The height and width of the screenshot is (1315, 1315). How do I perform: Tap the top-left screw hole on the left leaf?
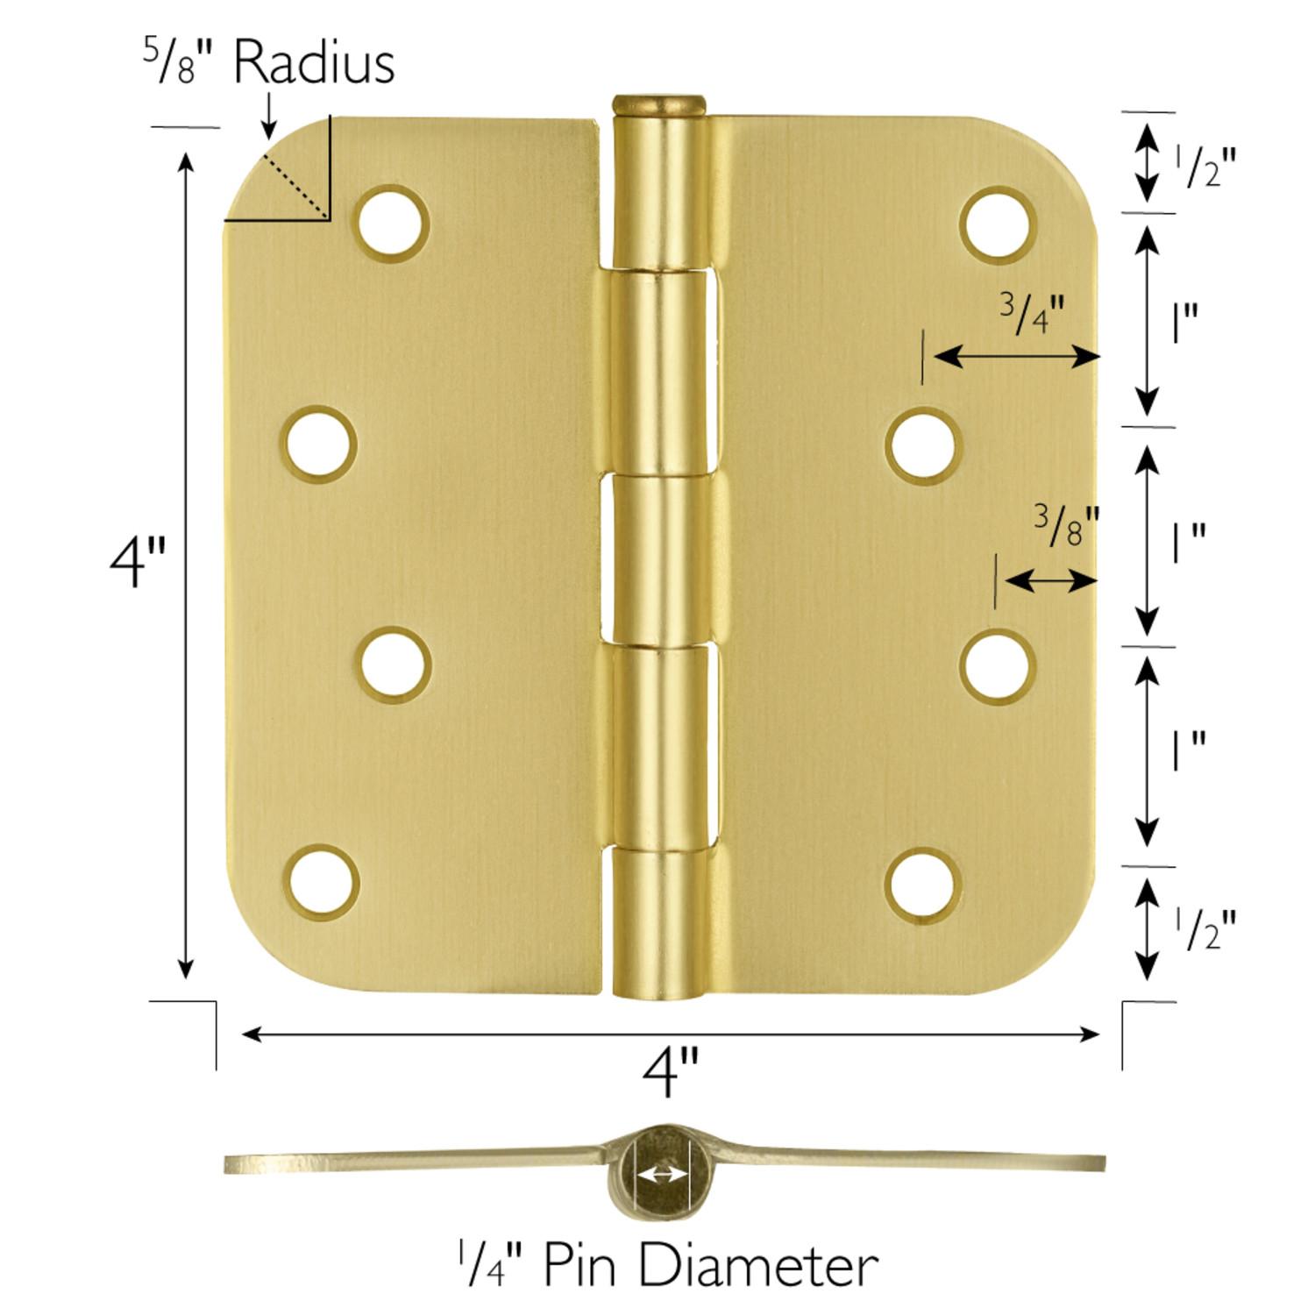coord(394,223)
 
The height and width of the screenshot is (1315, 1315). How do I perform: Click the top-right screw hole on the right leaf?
coord(998,223)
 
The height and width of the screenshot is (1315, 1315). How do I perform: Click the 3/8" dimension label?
coord(1065,526)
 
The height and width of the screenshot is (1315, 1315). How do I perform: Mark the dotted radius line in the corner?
coord(295,186)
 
